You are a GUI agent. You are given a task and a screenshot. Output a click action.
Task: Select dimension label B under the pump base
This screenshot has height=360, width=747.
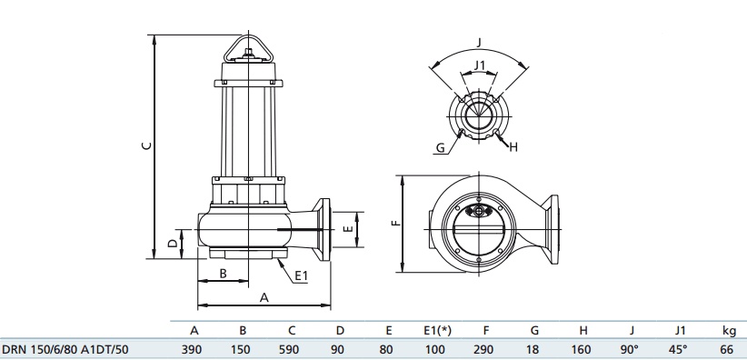point(224,274)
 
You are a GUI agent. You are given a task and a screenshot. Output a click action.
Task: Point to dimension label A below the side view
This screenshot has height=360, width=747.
point(264,296)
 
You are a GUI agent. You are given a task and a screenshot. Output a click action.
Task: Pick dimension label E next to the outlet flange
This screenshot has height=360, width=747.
point(348,230)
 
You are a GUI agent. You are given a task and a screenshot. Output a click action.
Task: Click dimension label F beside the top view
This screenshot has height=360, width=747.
point(393,223)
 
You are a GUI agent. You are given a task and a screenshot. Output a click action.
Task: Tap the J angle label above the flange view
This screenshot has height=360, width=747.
point(479,42)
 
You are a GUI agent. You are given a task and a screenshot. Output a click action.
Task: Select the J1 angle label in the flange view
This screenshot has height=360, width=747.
point(481,65)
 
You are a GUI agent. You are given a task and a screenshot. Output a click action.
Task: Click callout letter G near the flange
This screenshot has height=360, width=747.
point(440,147)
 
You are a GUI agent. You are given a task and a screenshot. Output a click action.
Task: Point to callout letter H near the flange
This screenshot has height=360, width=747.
point(513,146)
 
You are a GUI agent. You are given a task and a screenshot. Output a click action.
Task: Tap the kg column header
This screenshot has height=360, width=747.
point(728,330)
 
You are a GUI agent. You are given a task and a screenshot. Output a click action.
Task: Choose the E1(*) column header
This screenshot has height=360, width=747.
point(438,330)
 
